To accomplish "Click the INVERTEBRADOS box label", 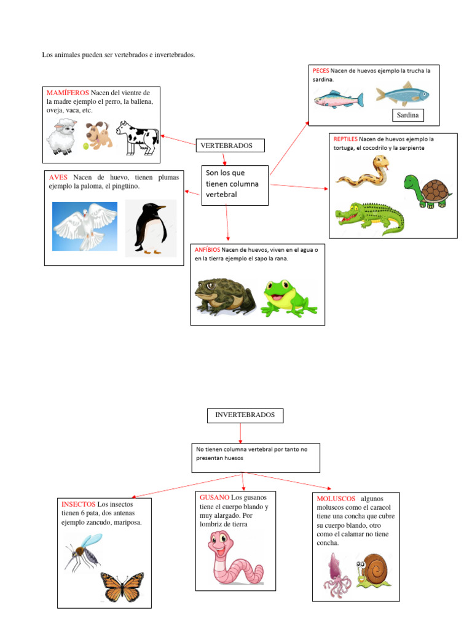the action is [x=245, y=415].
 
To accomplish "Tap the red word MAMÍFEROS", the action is [x=68, y=93].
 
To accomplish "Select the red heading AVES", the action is [x=58, y=178].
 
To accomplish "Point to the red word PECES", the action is [x=321, y=71].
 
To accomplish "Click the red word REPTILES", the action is [x=345, y=139].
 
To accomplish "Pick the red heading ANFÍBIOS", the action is [x=208, y=250].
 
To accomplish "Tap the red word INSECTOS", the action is [x=78, y=504].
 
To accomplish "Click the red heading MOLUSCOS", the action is [x=336, y=498].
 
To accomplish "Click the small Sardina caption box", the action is [x=407, y=115].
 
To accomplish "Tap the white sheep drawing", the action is [x=62, y=137].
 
